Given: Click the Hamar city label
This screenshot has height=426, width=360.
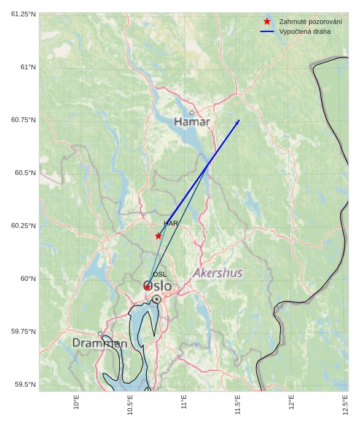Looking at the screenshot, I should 192,122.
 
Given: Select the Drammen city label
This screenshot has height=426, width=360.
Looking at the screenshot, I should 100,343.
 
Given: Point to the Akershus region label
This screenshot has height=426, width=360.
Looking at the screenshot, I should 217,273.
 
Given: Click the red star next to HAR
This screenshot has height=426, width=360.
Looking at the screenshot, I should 158,236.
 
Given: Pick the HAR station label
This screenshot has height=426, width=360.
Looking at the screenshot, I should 170,224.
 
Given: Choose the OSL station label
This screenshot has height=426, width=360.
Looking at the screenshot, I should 159,274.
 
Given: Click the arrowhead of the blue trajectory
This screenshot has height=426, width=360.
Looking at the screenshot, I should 238,122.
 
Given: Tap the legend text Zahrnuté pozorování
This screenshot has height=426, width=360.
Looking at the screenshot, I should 310,22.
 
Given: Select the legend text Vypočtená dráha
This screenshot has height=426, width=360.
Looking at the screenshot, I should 304,31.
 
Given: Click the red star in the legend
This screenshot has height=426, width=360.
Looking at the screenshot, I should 267,22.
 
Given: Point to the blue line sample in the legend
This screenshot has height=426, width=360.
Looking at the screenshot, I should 267,31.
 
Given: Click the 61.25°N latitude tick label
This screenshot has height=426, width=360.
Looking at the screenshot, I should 23,14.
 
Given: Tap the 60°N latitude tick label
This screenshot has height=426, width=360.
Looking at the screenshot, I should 28,278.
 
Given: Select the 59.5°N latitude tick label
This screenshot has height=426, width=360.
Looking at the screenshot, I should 25,384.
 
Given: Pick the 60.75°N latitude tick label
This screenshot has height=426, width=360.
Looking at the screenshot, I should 23,120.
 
